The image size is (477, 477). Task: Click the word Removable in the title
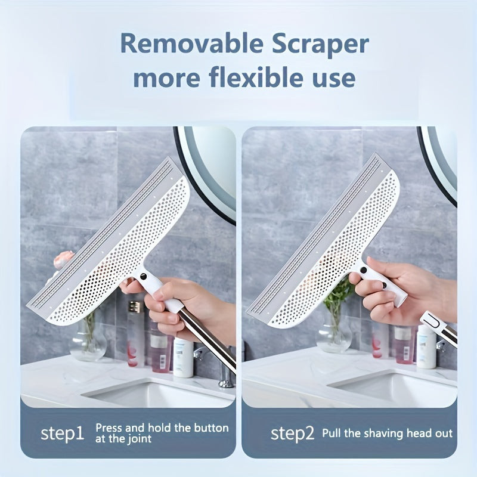[x=191, y=44]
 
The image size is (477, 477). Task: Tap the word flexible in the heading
[x=256, y=78]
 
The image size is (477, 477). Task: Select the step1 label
[x=62, y=433]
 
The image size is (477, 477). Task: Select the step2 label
[x=292, y=433]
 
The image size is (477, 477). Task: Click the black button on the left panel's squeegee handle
[x=143, y=277]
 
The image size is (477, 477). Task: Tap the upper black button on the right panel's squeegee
[x=363, y=270]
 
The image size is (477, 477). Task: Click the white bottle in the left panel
[x=183, y=357]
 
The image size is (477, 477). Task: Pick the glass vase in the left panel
[x=87, y=339]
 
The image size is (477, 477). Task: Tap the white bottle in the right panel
[x=426, y=347]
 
